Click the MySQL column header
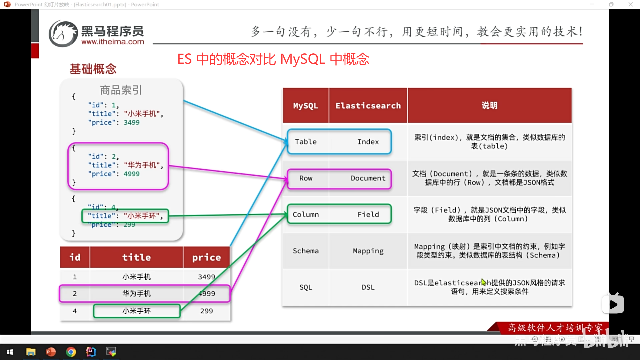[305, 106]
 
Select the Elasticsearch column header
[368, 106]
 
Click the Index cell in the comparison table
[368, 142]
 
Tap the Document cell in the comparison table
[368, 178]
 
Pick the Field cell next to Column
[368, 214]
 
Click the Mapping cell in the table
[368, 251]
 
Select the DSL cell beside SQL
[368, 287]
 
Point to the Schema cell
[306, 251]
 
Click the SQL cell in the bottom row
[306, 287]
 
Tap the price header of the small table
[206, 257]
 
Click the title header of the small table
[136, 257]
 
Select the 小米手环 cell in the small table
[136, 311]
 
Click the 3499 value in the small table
[206, 277]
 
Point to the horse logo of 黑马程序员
[63, 33]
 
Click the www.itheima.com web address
[113, 42]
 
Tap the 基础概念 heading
[93, 69]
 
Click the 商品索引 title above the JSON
[121, 90]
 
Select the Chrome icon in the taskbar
[71, 352]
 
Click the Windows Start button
[10, 352]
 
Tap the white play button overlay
[613, 304]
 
